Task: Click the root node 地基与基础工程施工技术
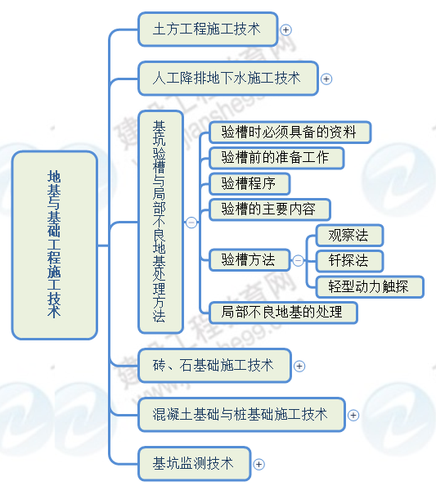click(55, 245)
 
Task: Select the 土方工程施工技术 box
click(207, 29)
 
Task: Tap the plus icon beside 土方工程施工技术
click(285, 29)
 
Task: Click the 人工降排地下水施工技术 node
click(227, 79)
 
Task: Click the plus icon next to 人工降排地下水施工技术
click(326, 79)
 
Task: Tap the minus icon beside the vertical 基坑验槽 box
click(191, 222)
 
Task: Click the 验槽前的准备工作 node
click(275, 157)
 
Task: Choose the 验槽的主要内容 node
click(269, 209)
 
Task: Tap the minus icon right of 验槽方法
click(298, 261)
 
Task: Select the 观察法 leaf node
click(348, 236)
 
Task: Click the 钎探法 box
click(348, 261)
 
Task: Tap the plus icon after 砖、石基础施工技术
click(299, 366)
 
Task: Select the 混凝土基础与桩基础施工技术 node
click(240, 415)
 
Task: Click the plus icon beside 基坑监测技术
click(259, 464)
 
